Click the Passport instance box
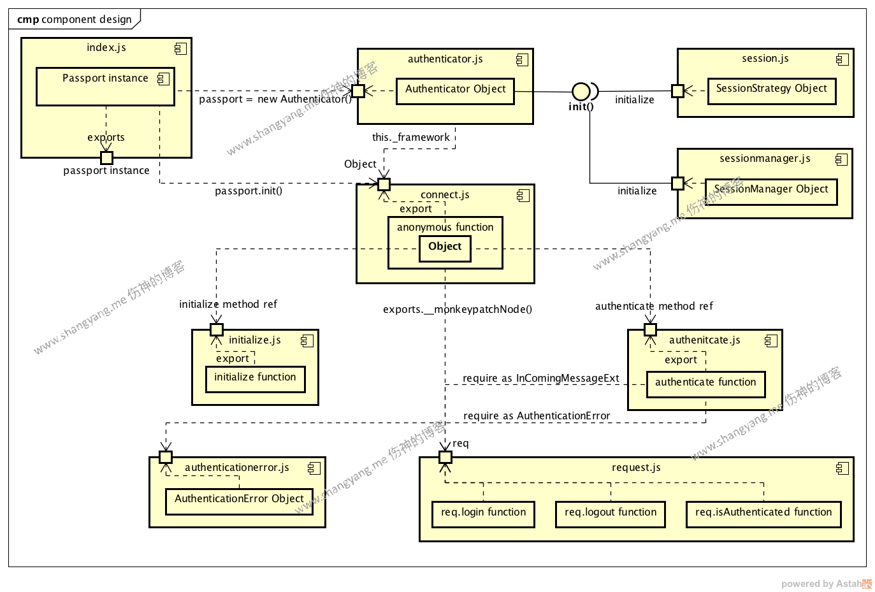pos(105,87)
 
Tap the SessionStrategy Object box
pos(771,90)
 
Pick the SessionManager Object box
pos(770,191)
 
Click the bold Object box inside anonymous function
pos(445,248)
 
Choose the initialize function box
pos(255,379)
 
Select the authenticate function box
pos(705,384)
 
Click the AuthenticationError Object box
pos(239,501)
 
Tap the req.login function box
pos(483,514)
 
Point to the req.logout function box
pos(610,514)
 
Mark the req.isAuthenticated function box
pos(763,514)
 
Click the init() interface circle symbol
pos(580,91)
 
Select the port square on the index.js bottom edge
pos(106,157)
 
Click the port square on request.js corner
pos(445,457)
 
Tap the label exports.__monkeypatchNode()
pos(457,309)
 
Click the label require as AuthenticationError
pos(536,415)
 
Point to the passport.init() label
pos(248,191)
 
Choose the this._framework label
pos(410,137)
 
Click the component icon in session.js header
pos(842,59)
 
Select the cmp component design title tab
pos(74,19)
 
